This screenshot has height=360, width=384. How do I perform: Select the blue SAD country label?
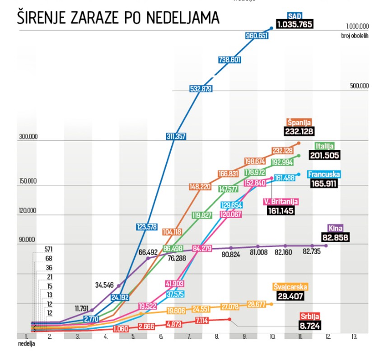(294, 16)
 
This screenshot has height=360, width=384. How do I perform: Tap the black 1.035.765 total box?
(295, 24)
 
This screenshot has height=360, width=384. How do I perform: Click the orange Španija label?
(299, 122)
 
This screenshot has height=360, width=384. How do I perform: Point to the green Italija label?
(324, 146)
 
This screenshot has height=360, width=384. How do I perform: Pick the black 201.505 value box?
(324, 155)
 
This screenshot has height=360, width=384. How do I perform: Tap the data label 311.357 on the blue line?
(176, 136)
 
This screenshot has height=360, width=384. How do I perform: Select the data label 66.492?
(150, 252)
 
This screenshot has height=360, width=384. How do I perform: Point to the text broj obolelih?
(354, 35)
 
